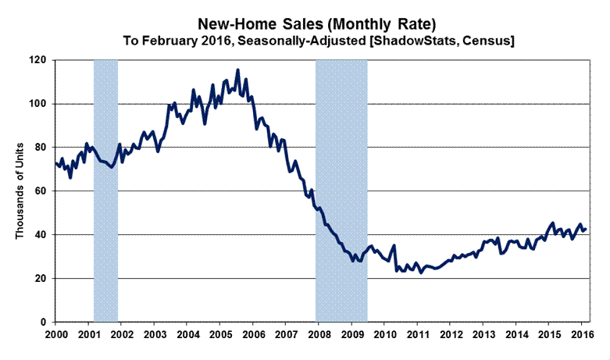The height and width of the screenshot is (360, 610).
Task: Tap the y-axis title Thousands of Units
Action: (x=21, y=191)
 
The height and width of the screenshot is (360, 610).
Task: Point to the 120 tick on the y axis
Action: (x=37, y=60)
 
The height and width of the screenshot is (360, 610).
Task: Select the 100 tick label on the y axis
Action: (x=37, y=104)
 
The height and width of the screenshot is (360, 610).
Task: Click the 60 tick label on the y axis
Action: (x=41, y=191)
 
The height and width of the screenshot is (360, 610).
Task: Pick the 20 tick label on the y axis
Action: (x=41, y=279)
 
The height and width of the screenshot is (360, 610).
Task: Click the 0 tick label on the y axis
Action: (x=44, y=323)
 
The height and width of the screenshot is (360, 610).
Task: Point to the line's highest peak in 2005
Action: (x=238, y=70)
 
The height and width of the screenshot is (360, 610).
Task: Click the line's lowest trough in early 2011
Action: (x=420, y=273)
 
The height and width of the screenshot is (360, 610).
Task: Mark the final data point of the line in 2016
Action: (x=586, y=229)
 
